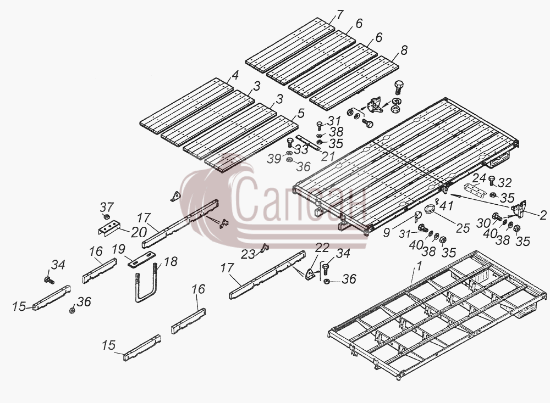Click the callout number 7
pos(340,15)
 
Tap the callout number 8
pos(404,51)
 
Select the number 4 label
pos(235,75)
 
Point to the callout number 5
pos(301,113)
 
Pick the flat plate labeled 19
pos(142,259)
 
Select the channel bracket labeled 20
pos(108,228)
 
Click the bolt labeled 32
pos(491,180)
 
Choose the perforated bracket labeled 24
pos(475,189)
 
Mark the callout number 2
pos(543,215)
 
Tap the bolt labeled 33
pos(290,142)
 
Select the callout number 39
pos(274,159)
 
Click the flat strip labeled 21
pos(308,143)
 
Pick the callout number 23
pos(248,254)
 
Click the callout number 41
pos(446,206)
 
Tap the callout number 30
pos(483,223)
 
